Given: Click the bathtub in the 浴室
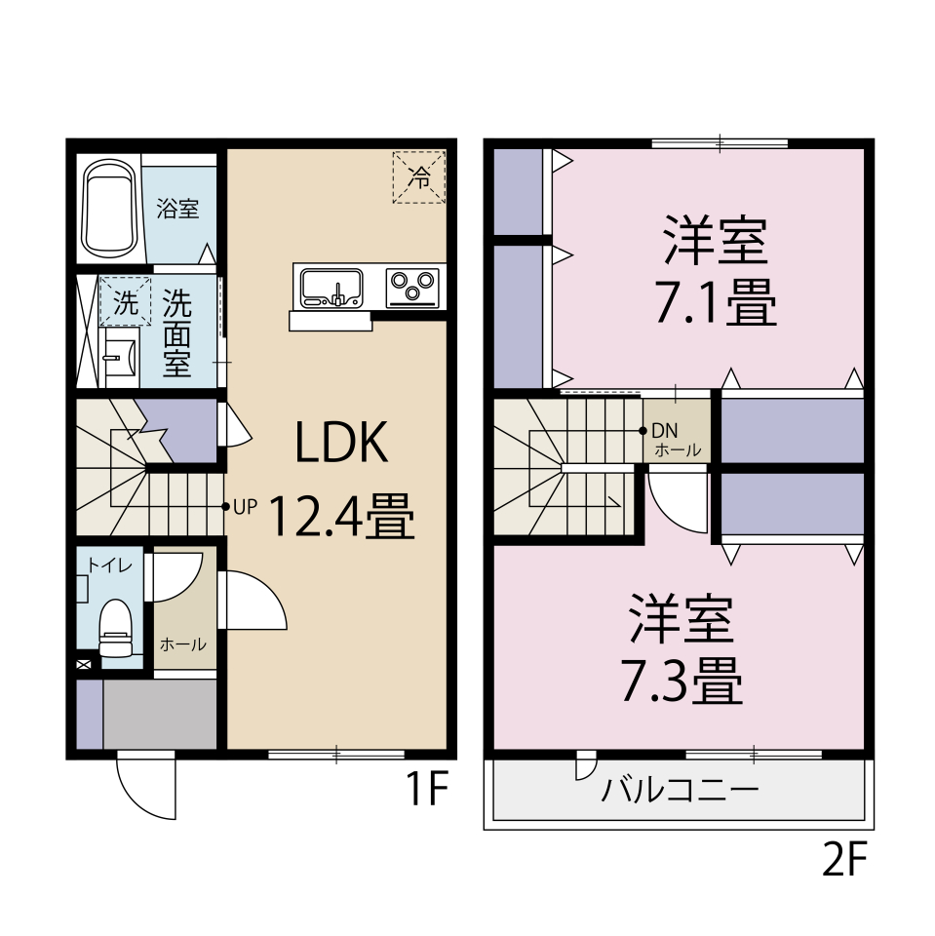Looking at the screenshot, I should point(108,209).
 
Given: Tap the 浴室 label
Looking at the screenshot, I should point(178,208).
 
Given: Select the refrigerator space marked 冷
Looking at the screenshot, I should point(418,177).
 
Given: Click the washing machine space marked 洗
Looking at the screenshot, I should point(125,301).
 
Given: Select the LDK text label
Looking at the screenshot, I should point(342,444).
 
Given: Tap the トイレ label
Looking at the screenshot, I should point(102,565).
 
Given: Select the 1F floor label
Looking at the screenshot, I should point(426,790).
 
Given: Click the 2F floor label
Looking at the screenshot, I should point(844,860).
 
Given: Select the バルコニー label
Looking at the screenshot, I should point(680,789).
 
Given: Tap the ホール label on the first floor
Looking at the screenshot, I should point(182,643).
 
